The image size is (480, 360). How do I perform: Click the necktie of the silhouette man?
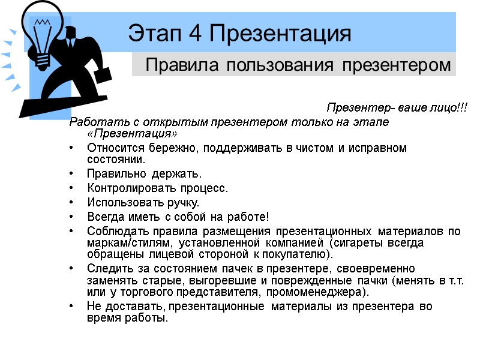point(71,43)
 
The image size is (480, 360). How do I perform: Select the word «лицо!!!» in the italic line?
point(449,109)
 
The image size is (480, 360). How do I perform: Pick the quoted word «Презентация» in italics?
point(133,133)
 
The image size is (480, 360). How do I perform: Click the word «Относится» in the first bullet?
point(112,148)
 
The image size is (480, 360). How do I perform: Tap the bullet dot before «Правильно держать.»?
point(73,175)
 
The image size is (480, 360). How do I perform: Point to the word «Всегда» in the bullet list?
point(104,216)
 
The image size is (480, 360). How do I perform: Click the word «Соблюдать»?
point(115,231)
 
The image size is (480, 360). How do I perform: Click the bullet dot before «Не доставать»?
point(73,307)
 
